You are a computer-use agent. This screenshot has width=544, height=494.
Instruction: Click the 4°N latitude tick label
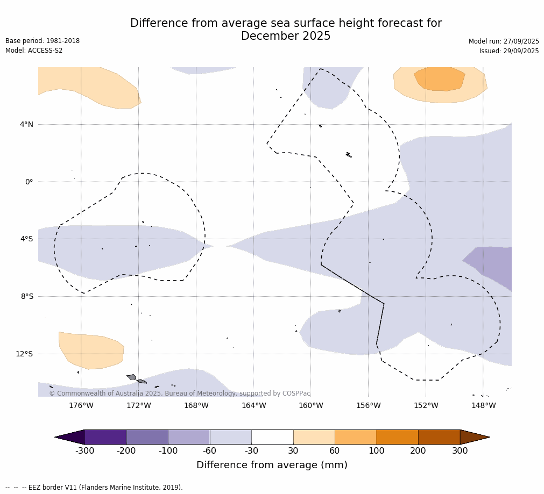pyautogui.click(x=26, y=125)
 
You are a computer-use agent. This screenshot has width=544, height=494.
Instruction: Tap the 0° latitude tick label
pyautogui.click(x=29, y=182)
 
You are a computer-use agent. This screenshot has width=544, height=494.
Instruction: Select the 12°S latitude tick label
pyautogui.click(x=24, y=354)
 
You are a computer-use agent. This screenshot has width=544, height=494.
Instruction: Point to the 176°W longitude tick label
pyautogui.click(x=81, y=405)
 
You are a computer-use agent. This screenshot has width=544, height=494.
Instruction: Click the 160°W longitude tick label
pyautogui.click(x=311, y=405)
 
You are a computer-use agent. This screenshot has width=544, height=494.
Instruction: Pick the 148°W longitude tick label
pyautogui.click(x=483, y=405)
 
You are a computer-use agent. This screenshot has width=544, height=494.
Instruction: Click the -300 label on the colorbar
pyautogui.click(x=84, y=451)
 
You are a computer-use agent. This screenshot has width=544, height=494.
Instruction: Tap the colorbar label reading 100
pyautogui.click(x=377, y=451)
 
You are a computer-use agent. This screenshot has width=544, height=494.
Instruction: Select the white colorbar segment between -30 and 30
pyautogui.click(x=272, y=437)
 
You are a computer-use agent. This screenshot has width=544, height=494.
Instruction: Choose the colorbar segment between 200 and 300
pyautogui.click(x=439, y=437)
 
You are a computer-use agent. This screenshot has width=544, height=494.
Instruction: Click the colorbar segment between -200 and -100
pyautogui.click(x=147, y=437)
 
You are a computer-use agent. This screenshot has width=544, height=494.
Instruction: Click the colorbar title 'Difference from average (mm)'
pyautogui.click(x=272, y=466)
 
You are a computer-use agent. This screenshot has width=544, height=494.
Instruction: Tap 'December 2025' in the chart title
pyautogui.click(x=286, y=37)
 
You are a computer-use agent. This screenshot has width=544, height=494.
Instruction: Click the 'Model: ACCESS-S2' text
pyautogui.click(x=34, y=51)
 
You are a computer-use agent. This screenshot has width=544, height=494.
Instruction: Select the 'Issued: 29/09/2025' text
pyautogui.click(x=509, y=51)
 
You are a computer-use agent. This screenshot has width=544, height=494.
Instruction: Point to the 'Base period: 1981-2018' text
pyautogui.click(x=43, y=41)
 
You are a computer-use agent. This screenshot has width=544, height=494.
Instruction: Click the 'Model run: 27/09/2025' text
pyautogui.click(x=504, y=41)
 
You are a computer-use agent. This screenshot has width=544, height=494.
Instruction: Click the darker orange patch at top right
pyautogui.click(x=440, y=78)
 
